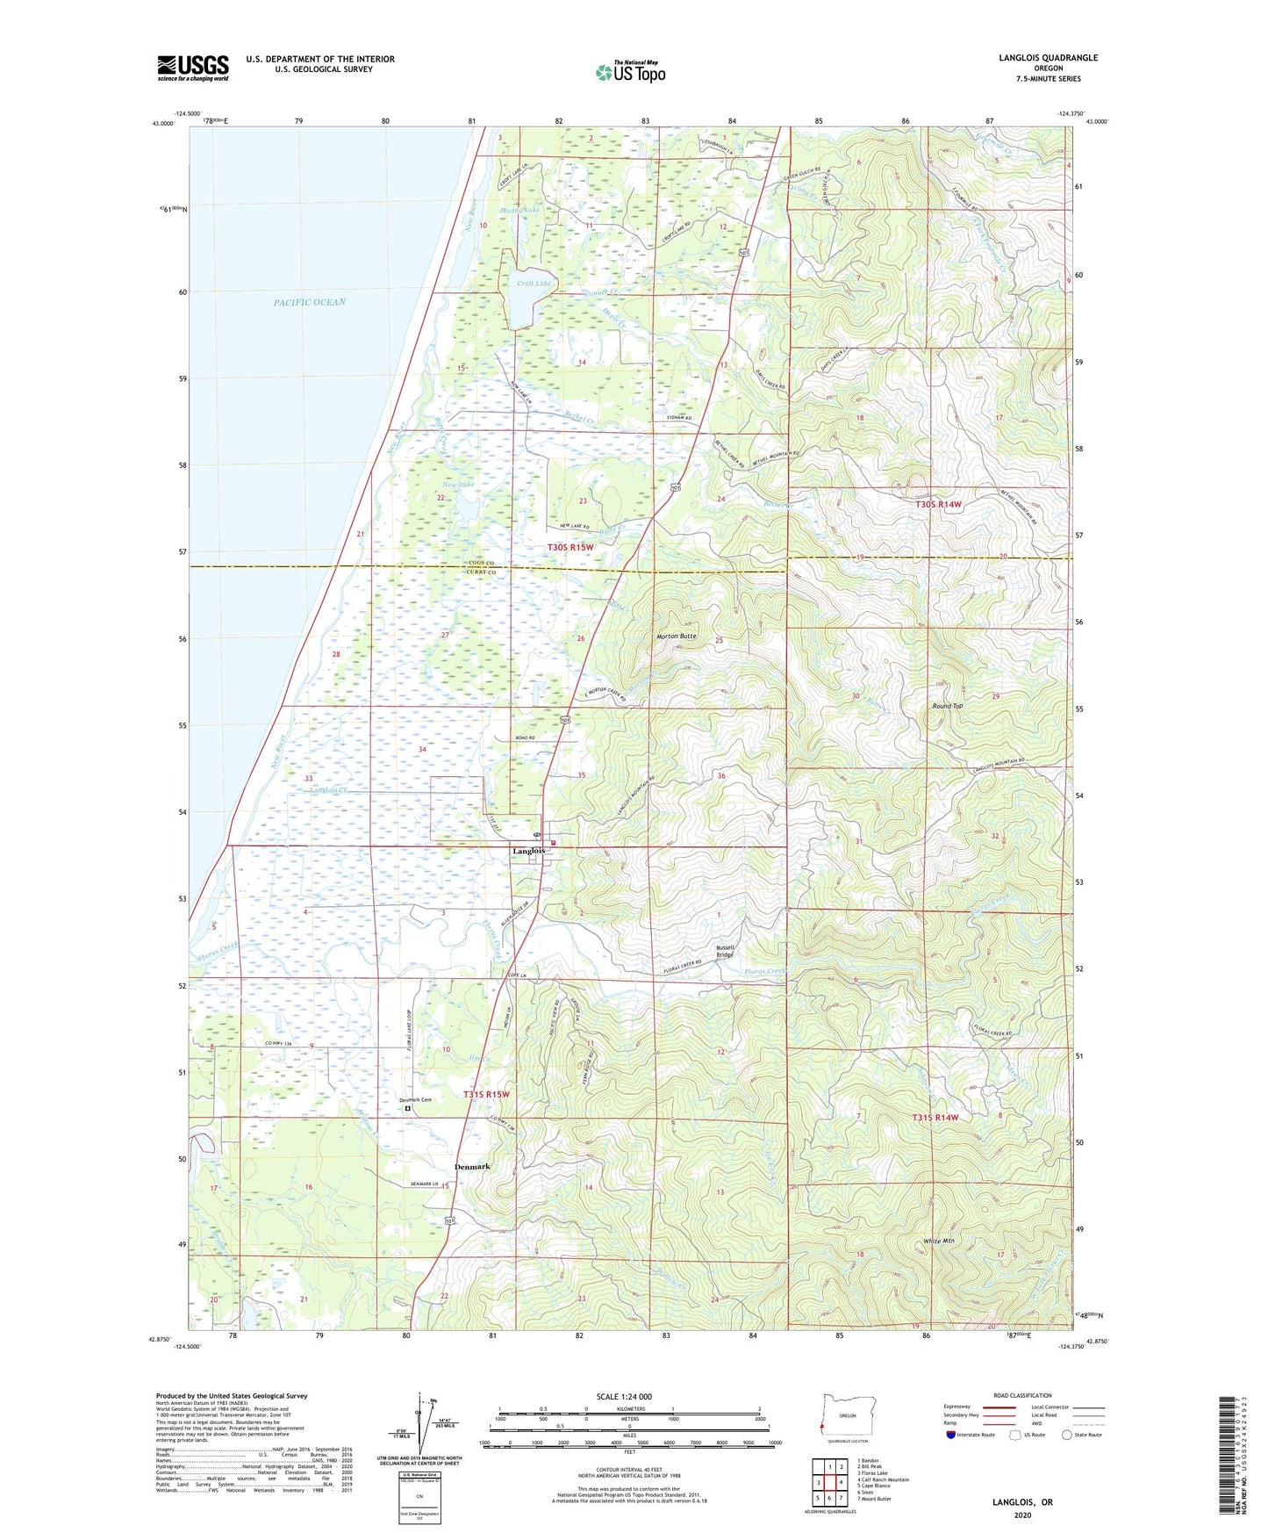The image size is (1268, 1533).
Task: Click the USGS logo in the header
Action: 193,68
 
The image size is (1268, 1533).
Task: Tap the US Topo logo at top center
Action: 630,72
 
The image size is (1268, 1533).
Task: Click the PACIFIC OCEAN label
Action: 309,302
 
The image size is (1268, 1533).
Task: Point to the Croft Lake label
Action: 534,284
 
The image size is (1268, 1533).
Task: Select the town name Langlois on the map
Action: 529,851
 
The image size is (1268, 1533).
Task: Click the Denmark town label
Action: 472,1167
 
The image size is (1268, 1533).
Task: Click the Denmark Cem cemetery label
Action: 416,1100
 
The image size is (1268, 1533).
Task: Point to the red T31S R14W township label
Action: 935,1118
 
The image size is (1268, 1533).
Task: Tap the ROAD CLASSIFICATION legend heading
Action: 1023,1395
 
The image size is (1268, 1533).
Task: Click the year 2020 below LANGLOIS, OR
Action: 1022,1515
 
